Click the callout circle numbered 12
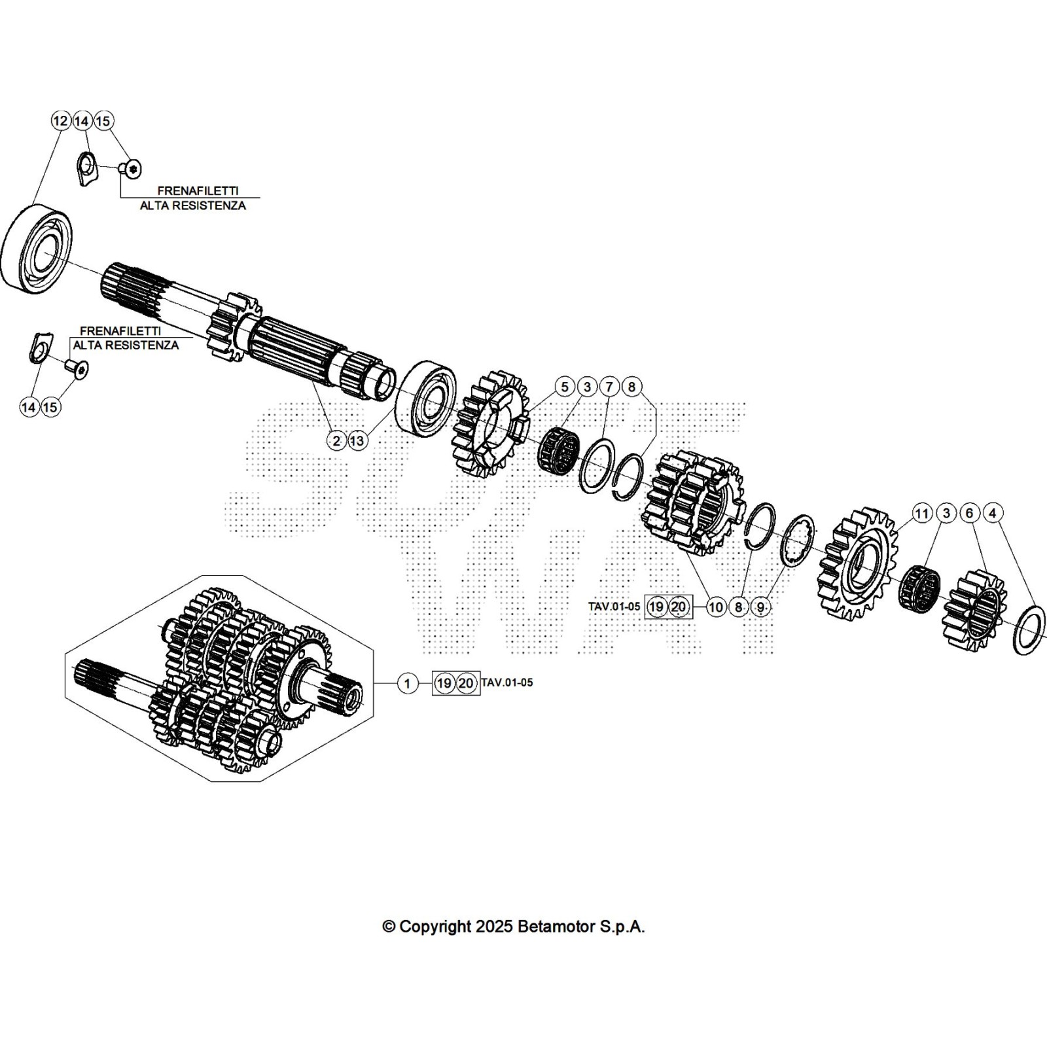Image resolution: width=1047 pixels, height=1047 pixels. pyautogui.click(x=60, y=121)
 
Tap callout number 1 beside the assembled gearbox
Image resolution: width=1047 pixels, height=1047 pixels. pyautogui.click(x=407, y=684)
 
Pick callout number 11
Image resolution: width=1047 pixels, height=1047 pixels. pyautogui.click(x=922, y=513)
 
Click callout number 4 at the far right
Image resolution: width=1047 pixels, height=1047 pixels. pyautogui.click(x=992, y=513)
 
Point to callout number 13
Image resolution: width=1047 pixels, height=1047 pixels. pyautogui.click(x=357, y=440)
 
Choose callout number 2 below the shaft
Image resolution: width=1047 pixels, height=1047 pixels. pyautogui.click(x=336, y=440)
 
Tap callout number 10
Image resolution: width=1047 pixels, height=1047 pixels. pyautogui.click(x=716, y=607)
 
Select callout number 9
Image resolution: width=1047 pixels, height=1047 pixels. pyautogui.click(x=760, y=607)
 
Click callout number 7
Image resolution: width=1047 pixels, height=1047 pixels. pyautogui.click(x=609, y=387)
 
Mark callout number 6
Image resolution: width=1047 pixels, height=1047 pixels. pyautogui.click(x=970, y=513)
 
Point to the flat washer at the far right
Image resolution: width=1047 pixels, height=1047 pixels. pyautogui.click(x=1029, y=630)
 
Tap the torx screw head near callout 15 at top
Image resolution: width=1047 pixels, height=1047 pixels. pyautogui.click(x=133, y=169)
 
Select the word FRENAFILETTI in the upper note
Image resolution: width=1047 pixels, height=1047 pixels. pyautogui.click(x=198, y=191)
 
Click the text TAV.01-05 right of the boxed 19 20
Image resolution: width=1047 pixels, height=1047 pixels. pyautogui.click(x=507, y=683)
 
